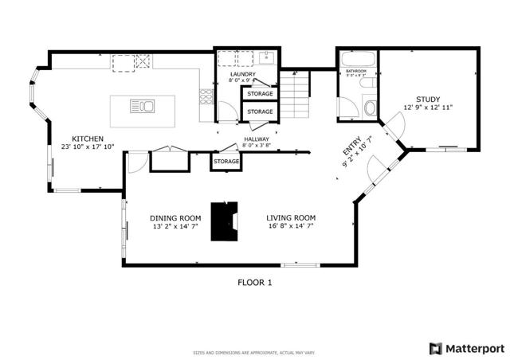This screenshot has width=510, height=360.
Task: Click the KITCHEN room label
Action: pyautogui.click(x=88, y=138)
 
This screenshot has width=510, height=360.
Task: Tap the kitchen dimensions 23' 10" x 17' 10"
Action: pyautogui.click(x=88, y=147)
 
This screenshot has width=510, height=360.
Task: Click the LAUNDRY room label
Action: pyautogui.click(x=241, y=73)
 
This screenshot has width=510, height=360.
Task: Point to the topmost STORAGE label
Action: pyautogui.click(x=259, y=94)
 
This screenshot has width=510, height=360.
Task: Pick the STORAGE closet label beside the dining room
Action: pyautogui.click(x=226, y=162)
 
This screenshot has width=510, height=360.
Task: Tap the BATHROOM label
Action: pyautogui.click(x=355, y=72)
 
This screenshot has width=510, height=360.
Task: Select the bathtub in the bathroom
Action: pyautogui.click(x=355, y=58)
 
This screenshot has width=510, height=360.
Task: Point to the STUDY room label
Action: pyautogui.click(x=428, y=99)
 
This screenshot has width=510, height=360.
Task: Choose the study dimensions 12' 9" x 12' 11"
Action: pyautogui.click(x=428, y=108)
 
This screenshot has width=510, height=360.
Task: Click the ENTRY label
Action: pyautogui.click(x=351, y=149)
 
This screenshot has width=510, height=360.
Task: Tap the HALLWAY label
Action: pyautogui.click(x=257, y=139)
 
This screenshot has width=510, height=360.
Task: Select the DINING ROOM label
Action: pyautogui.click(x=175, y=217)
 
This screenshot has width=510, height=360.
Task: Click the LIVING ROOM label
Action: pyautogui.click(x=291, y=217)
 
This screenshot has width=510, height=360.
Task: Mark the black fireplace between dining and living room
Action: pyautogui.click(x=224, y=221)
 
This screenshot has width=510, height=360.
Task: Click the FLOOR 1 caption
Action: pyautogui.click(x=255, y=282)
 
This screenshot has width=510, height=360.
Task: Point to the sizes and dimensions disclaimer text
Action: pyautogui.click(x=254, y=353)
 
